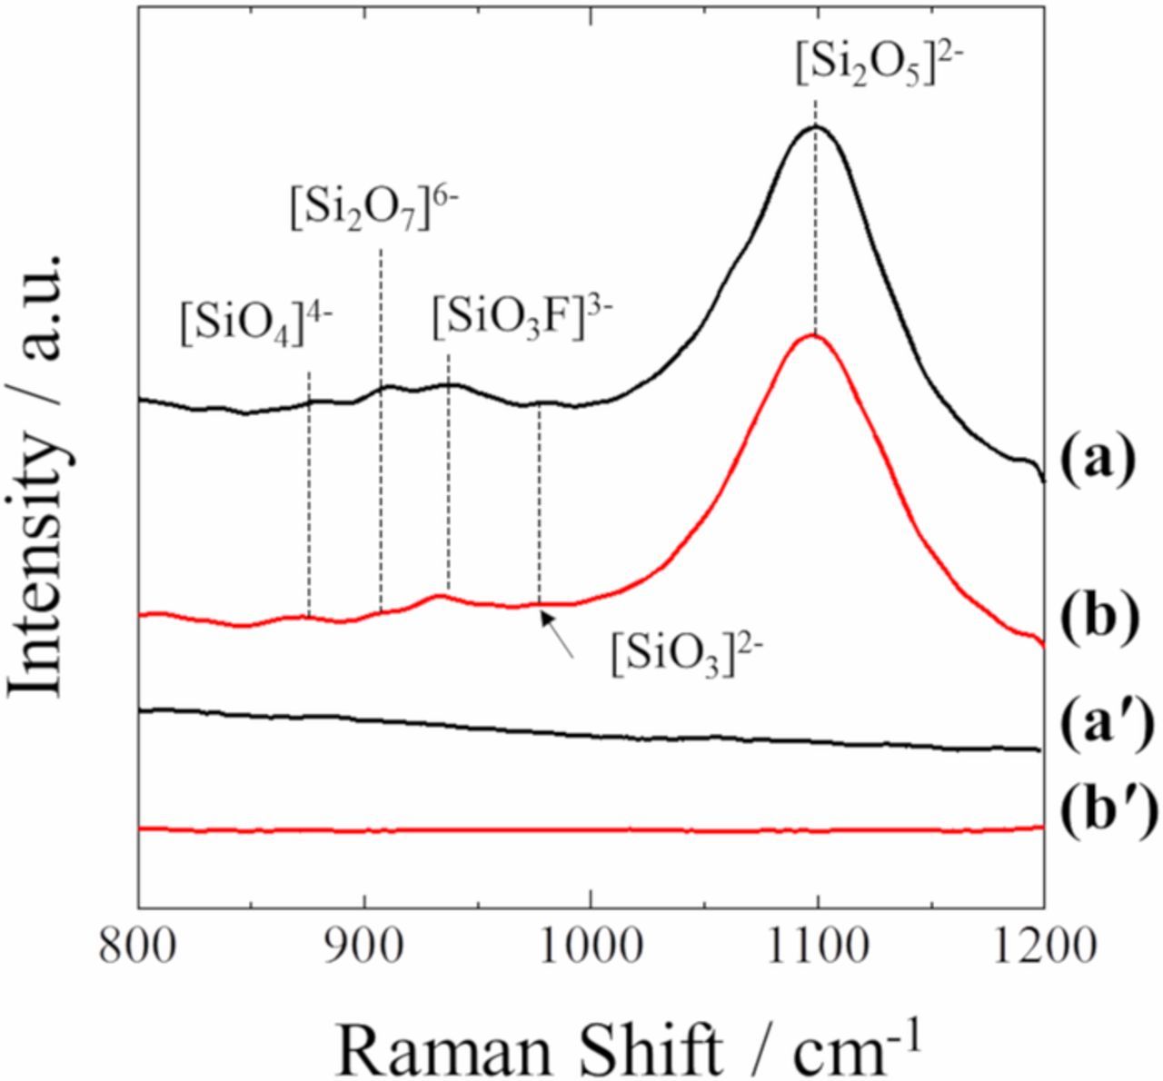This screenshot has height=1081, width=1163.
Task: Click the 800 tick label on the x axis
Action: coord(139,947)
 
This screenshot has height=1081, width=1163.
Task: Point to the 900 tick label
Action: coord(364,947)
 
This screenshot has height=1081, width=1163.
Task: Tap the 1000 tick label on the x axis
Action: coord(591,947)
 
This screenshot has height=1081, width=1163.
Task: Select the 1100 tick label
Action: coord(817,947)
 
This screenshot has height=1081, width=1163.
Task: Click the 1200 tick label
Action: coord(1042,947)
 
